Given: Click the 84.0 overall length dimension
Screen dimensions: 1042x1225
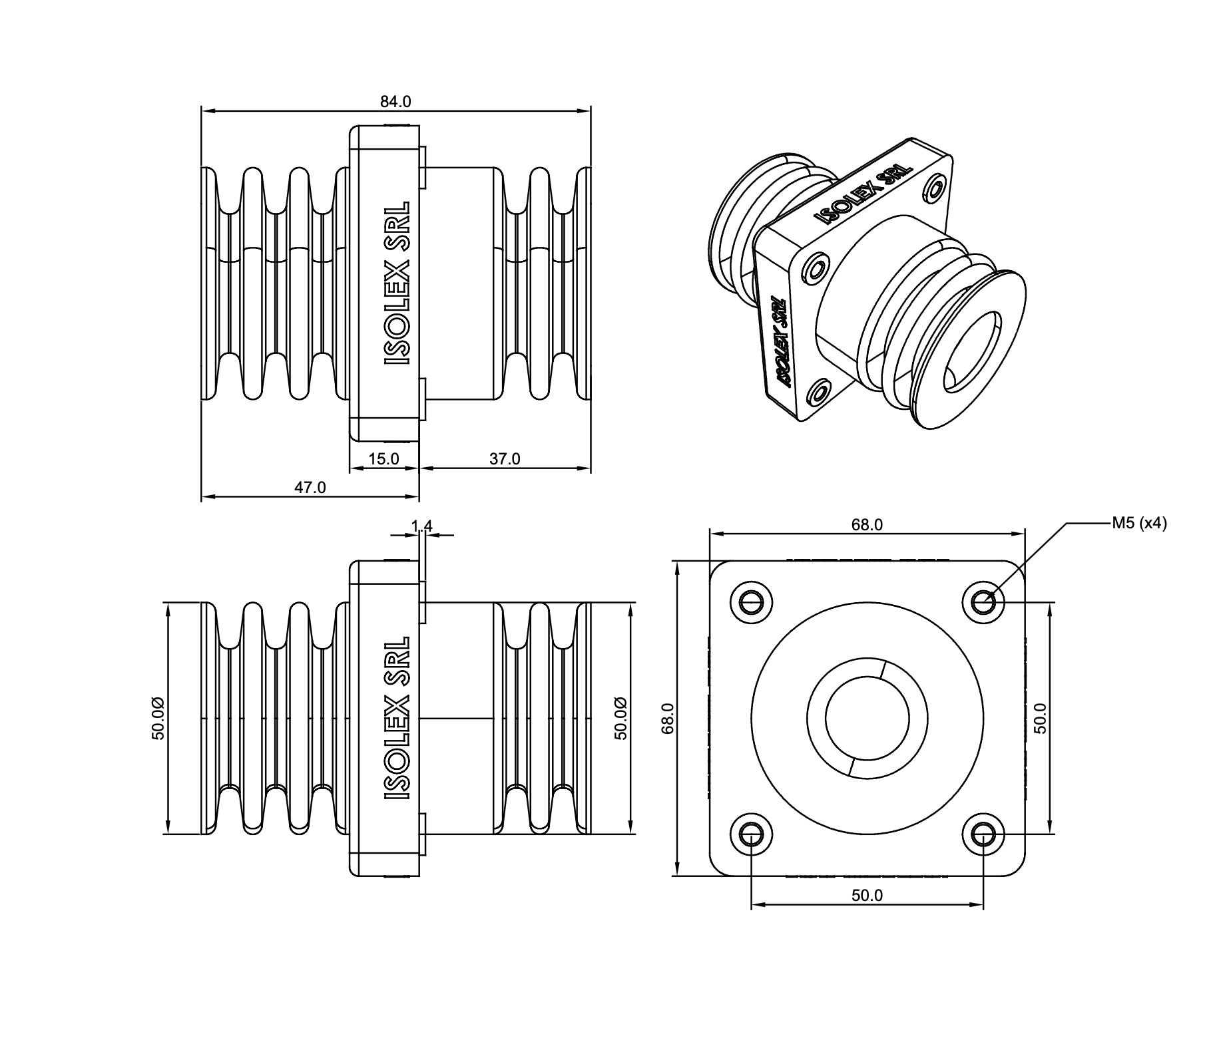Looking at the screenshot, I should click(x=395, y=102).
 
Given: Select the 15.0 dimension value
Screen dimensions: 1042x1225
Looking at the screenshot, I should click(x=383, y=459).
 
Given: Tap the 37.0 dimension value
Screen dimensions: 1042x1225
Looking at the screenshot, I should click(x=505, y=459).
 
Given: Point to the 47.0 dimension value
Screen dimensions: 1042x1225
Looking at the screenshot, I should click(x=310, y=488).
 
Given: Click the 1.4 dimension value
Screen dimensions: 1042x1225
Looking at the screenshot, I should click(x=421, y=526).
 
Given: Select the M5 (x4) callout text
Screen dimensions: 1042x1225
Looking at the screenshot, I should click(x=1139, y=524).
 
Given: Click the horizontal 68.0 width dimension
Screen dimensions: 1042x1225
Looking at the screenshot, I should click(x=867, y=525).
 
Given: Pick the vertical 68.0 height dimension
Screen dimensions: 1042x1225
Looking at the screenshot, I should click(x=669, y=718).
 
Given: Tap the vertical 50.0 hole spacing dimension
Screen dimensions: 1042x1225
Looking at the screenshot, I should click(x=1041, y=718).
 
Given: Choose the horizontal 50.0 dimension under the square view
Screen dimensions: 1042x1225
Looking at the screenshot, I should click(x=867, y=895).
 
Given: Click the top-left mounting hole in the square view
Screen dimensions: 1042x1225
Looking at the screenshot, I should click(x=751, y=603).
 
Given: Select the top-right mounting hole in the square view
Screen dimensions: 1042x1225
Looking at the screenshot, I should click(x=983, y=603).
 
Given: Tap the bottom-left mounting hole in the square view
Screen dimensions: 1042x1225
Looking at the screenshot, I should click(x=751, y=834).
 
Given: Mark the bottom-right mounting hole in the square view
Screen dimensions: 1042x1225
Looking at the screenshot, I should click(x=983, y=834).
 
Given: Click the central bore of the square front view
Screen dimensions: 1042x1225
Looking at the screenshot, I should click(x=867, y=718).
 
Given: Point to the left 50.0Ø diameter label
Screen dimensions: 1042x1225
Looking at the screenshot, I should click(x=157, y=718).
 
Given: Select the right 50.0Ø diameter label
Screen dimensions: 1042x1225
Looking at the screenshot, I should click(x=620, y=718).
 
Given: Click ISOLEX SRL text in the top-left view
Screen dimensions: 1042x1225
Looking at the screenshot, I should click(x=397, y=283).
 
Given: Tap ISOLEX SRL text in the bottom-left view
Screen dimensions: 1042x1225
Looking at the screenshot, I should click(x=397, y=719).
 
